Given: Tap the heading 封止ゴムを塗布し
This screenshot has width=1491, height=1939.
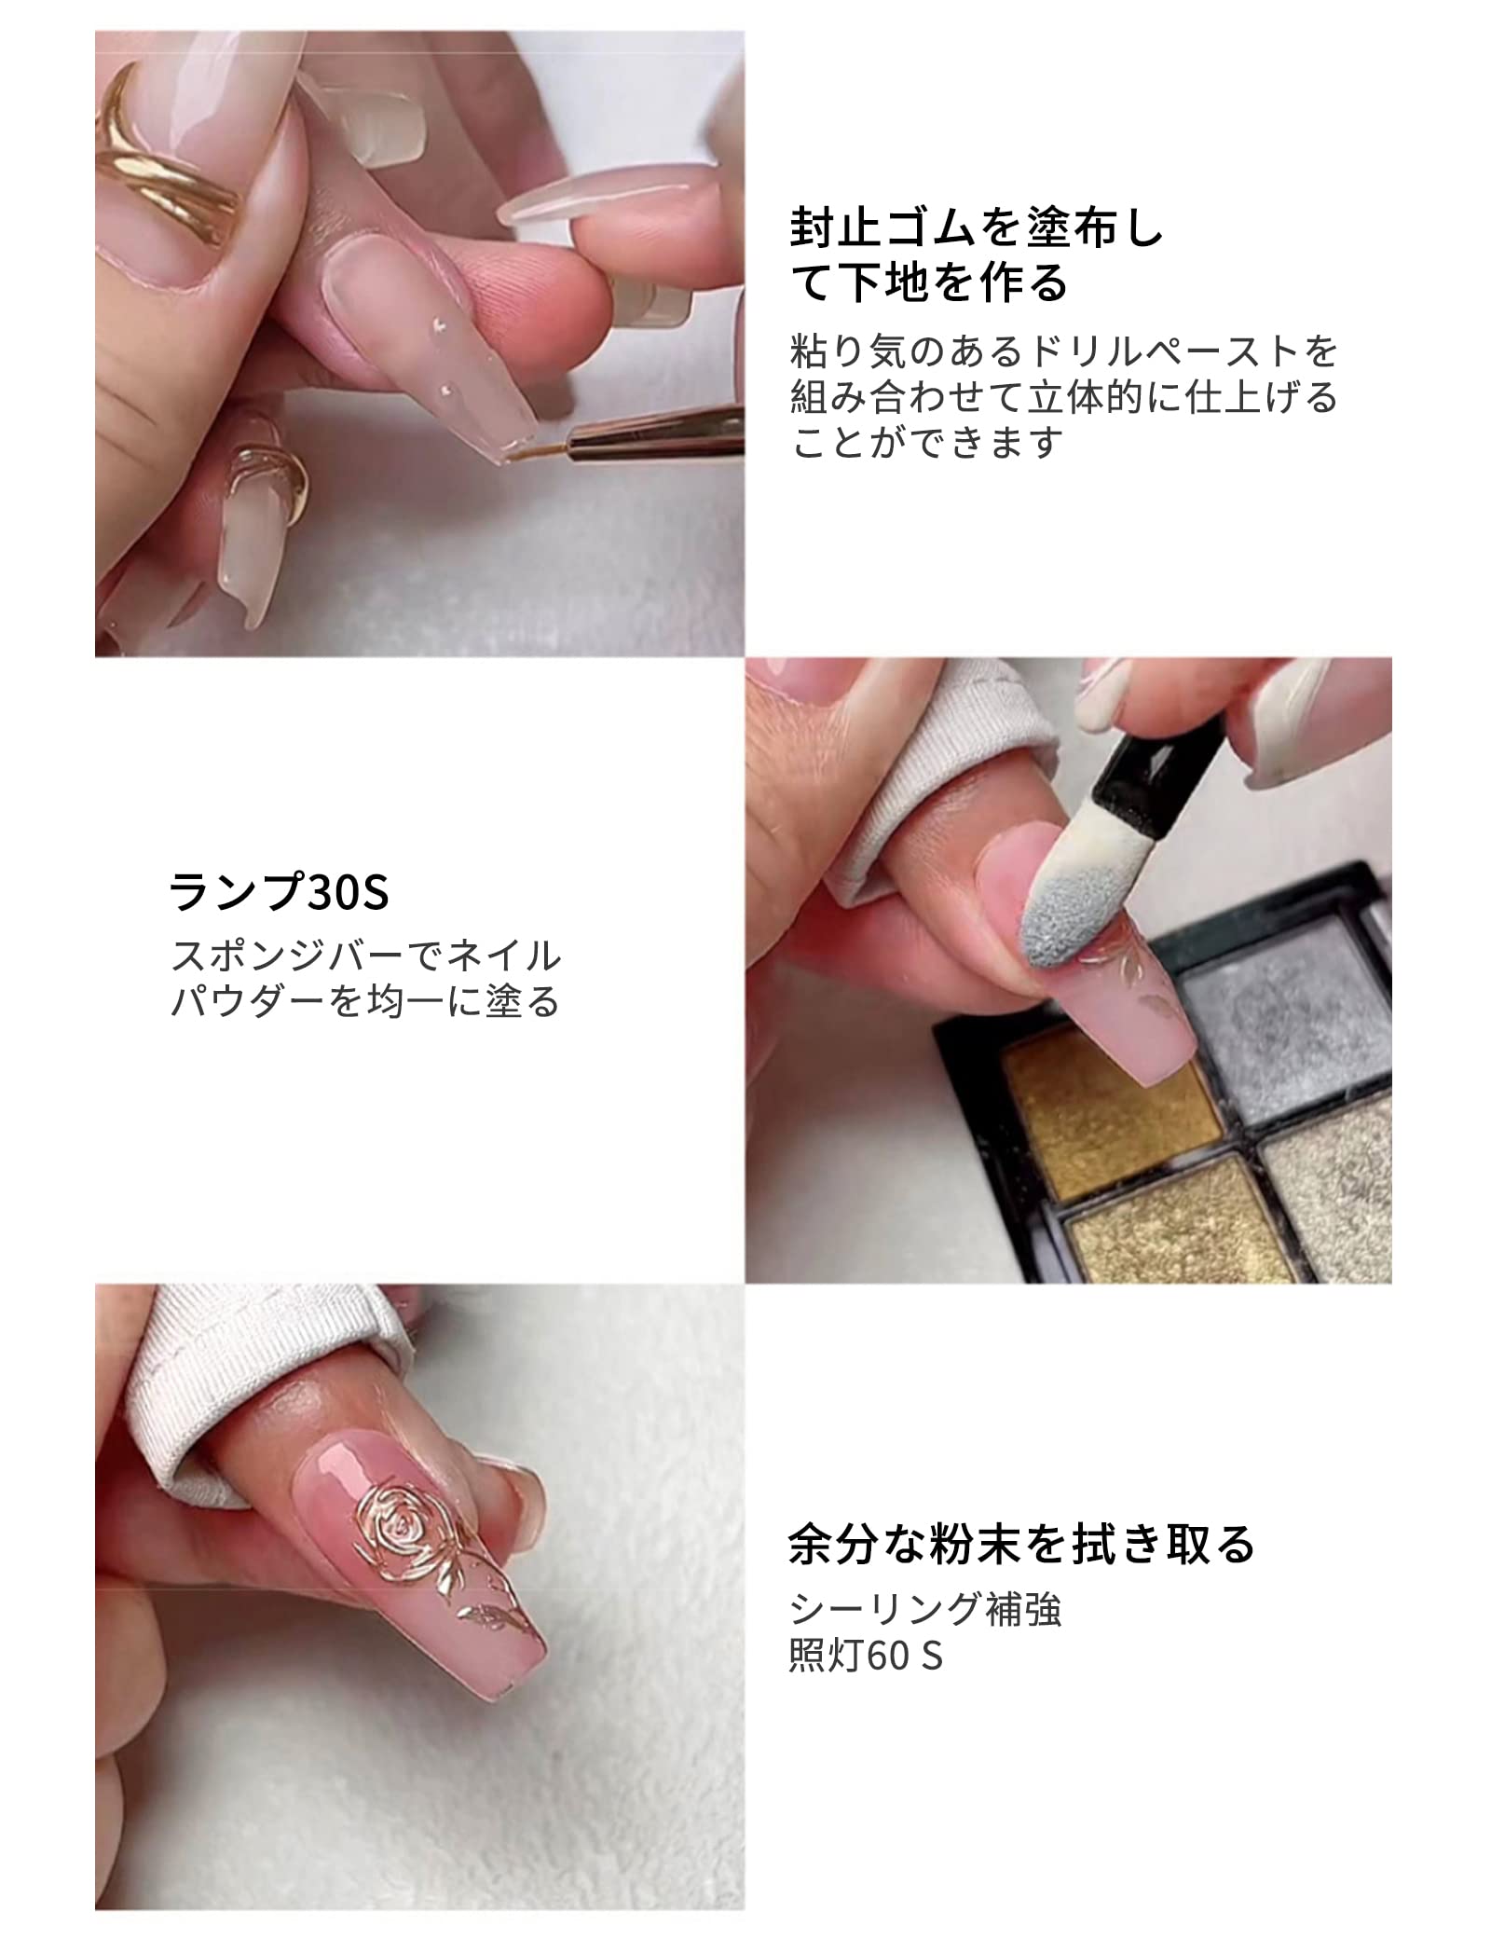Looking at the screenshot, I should pyautogui.click(x=977, y=228).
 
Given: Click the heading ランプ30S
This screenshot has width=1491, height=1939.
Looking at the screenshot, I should pyautogui.click(x=279, y=892).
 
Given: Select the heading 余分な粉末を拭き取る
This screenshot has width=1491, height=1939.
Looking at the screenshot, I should pyautogui.click(x=1021, y=1544).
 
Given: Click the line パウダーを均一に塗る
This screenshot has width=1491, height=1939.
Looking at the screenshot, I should pyautogui.click(x=364, y=1002).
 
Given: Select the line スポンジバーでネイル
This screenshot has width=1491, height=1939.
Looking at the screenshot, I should pyautogui.click(x=366, y=956).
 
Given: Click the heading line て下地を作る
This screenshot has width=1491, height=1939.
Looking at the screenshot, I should pyautogui.click(x=928, y=282).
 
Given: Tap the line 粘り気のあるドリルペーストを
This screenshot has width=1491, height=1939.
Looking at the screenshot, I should pyautogui.click(x=1063, y=351).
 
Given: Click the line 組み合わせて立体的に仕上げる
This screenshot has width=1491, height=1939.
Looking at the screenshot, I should pyautogui.click(x=1063, y=397).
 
